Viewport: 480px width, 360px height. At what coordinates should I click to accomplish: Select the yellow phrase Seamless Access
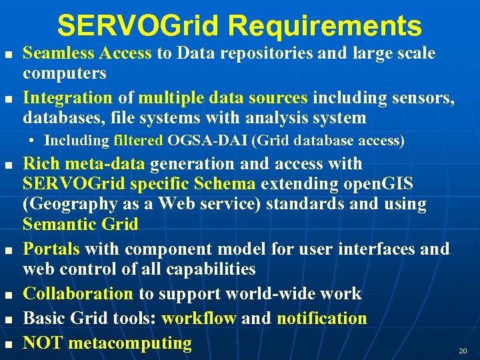87,53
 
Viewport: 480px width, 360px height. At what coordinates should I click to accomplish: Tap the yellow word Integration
68,98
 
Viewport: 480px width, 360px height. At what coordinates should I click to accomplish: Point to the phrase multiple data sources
223,98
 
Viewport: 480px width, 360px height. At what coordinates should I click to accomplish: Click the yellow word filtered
138,141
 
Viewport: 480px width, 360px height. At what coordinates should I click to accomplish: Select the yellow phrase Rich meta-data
85,163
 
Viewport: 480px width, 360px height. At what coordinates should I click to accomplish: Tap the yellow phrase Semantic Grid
81,225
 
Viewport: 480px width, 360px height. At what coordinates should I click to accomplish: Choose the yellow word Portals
52,249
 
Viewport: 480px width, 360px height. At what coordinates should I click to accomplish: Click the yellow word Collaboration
79,294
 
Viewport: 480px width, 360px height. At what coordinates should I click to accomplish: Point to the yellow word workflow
199,319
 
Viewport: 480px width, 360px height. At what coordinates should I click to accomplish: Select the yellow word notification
321,319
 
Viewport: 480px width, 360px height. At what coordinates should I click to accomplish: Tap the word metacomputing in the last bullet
130,343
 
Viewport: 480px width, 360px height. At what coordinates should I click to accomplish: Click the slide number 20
463,350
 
